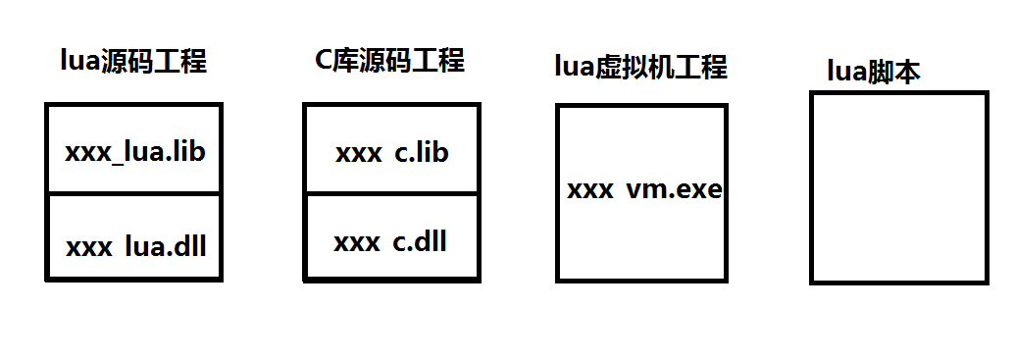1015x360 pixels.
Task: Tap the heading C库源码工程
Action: [389, 61]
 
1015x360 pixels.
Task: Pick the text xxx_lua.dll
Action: [135, 246]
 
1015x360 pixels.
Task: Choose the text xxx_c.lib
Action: [391, 153]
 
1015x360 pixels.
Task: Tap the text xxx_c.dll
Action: [389, 241]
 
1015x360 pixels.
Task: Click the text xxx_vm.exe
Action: [643, 189]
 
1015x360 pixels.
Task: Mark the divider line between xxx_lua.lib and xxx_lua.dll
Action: [133, 193]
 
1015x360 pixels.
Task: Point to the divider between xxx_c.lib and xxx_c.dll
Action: [391, 193]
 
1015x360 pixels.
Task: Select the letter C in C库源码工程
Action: [323, 61]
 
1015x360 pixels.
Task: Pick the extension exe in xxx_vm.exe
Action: [700, 189]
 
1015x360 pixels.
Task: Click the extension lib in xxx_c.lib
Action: [431, 153]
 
